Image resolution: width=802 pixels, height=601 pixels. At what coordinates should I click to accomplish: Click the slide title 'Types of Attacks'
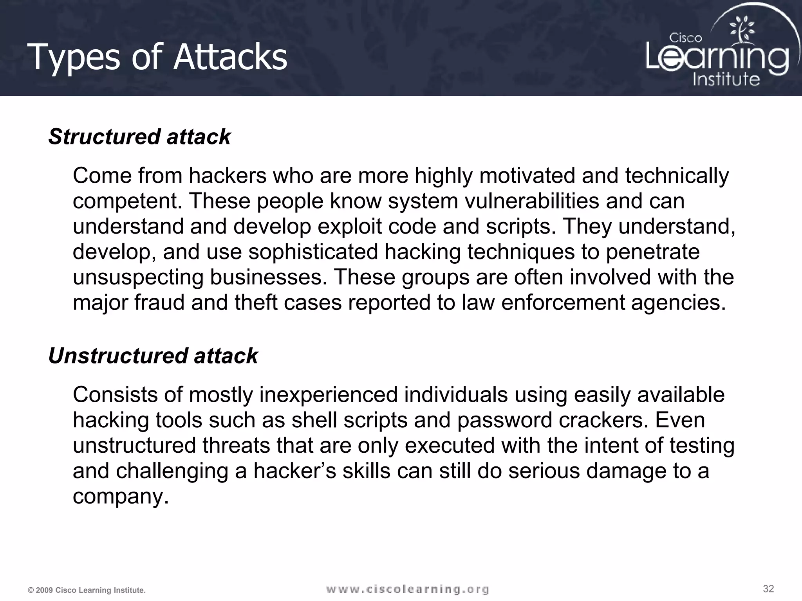point(158,57)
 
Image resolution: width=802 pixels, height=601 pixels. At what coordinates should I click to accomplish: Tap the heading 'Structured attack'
point(139,137)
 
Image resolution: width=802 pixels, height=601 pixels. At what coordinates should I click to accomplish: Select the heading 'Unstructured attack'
point(153,356)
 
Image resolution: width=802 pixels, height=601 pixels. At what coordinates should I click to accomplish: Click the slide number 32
point(768,588)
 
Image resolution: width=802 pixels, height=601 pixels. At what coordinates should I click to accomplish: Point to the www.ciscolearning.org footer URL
point(407,589)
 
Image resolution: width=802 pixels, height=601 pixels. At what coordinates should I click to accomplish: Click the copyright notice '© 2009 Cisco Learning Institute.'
point(87,590)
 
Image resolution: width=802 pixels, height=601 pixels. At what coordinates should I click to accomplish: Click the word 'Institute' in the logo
point(726,79)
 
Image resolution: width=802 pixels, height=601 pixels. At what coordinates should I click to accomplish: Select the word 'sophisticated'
point(313,252)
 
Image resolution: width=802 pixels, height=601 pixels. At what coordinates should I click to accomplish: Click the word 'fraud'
point(159,302)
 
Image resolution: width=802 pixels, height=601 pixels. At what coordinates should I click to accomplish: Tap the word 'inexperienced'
point(329,394)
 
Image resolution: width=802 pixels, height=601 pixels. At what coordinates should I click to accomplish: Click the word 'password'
point(504,420)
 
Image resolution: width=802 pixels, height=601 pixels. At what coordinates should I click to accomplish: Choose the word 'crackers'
point(603,420)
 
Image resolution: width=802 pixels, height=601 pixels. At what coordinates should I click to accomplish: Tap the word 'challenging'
point(172,471)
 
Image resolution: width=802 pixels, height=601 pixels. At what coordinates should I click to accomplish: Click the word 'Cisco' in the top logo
point(685,38)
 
